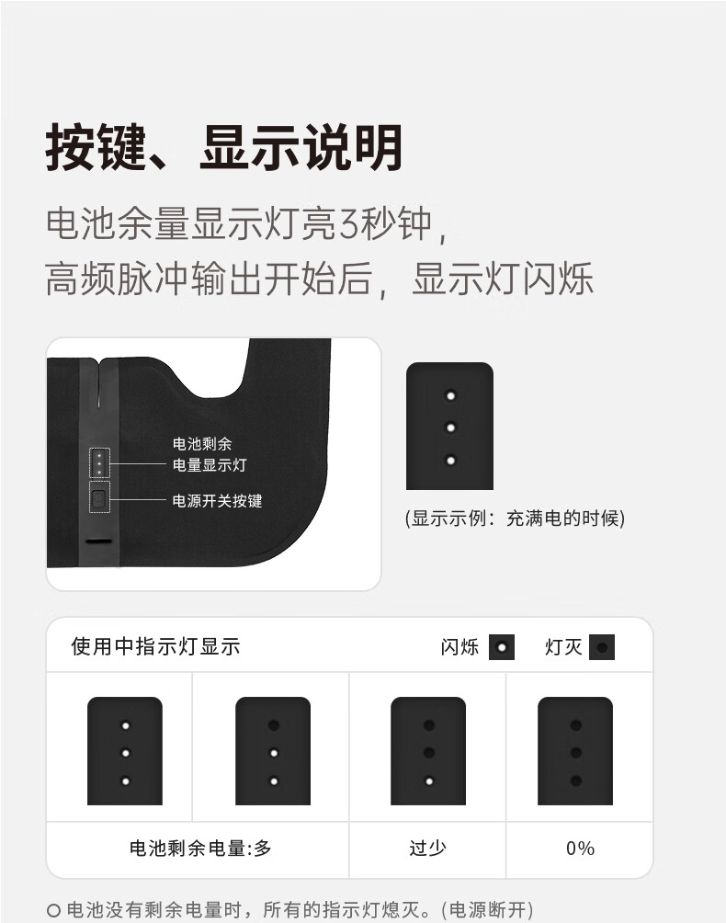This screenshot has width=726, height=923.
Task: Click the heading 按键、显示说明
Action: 223,147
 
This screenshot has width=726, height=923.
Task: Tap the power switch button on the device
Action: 99,498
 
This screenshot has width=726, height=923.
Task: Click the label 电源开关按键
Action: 217,501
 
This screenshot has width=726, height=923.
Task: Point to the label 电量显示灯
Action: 210,465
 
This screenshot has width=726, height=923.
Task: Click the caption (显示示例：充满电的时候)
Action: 515,518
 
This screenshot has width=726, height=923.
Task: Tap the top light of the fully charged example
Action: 450,395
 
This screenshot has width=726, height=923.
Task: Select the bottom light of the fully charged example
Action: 450,461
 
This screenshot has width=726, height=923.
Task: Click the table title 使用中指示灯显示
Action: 156,646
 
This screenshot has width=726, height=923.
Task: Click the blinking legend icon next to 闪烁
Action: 502,647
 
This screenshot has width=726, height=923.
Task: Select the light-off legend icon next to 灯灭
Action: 602,647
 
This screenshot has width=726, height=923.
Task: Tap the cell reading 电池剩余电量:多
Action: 200,849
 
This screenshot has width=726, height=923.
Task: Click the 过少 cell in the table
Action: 427,849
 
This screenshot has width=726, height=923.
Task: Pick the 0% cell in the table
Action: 580,849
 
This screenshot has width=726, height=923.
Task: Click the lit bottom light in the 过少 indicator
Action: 429,781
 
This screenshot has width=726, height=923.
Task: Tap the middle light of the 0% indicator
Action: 576,753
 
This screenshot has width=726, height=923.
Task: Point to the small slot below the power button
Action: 99,541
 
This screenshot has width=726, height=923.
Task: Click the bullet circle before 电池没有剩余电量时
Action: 53,911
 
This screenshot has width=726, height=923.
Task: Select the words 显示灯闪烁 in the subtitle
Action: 503,279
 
